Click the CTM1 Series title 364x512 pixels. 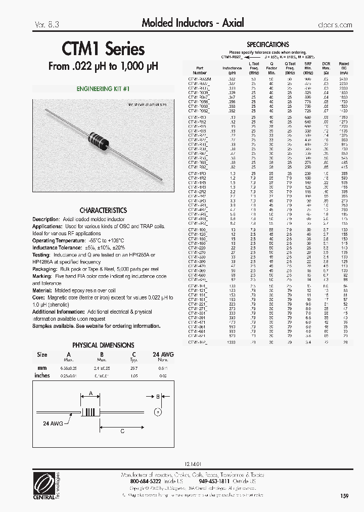(104, 49)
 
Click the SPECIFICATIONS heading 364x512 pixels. (267, 45)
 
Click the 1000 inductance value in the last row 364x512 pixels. (232, 343)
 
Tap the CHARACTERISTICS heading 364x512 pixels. (103, 210)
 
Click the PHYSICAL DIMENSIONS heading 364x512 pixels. (103, 345)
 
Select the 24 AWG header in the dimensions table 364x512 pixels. (163, 355)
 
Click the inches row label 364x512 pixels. (42, 375)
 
